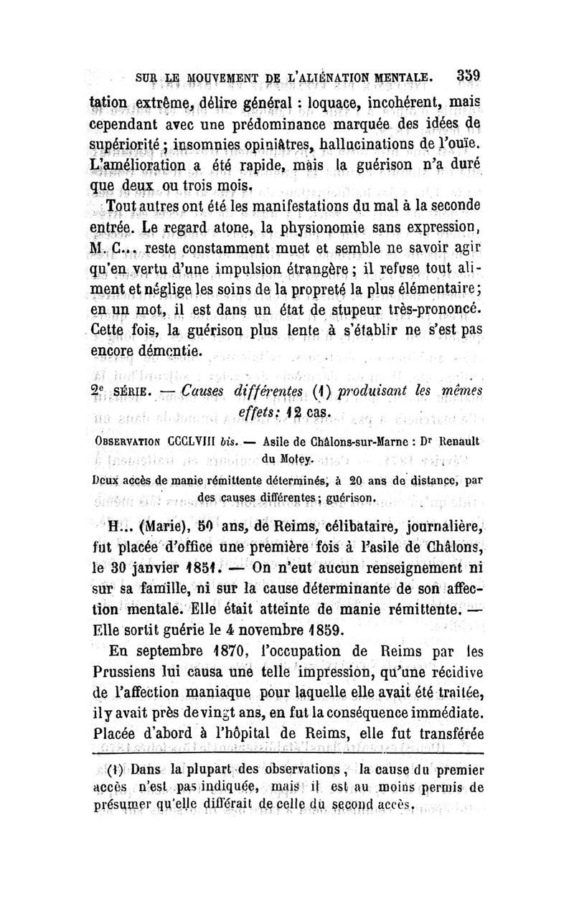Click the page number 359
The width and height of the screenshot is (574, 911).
pos(466,75)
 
